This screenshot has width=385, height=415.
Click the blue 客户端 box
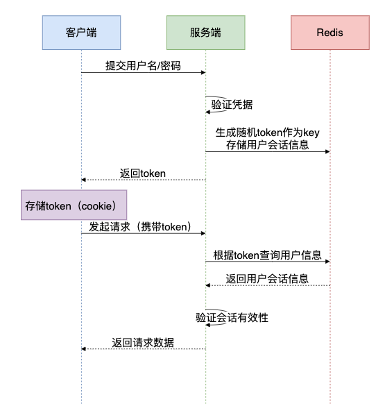[x=81, y=33]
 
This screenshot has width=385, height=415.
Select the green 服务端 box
[x=205, y=33]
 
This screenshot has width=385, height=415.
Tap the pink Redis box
[x=330, y=33]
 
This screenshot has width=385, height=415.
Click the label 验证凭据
[x=232, y=105]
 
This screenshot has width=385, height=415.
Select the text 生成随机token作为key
[x=267, y=132]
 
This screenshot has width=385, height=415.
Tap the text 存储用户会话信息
[x=267, y=144]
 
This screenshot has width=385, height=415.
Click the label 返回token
[x=144, y=172]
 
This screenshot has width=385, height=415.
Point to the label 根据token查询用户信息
[x=267, y=254]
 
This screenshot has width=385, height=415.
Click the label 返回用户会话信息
[x=267, y=278]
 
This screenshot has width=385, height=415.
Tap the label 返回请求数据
[x=143, y=342]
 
